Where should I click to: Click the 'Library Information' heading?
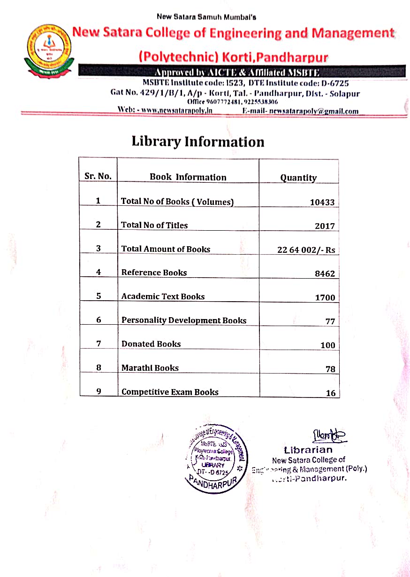pyautogui.click(x=197, y=141)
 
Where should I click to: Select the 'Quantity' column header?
pyautogui.click(x=298, y=178)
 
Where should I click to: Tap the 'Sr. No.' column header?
pyautogui.click(x=98, y=177)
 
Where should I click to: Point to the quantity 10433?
pyautogui.click(x=322, y=203)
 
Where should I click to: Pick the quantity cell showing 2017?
pyautogui.click(x=325, y=226)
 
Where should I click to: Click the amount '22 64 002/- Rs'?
pyautogui.click(x=306, y=250)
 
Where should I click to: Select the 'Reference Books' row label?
pyautogui.click(x=154, y=273)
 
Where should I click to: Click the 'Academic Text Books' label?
pyautogui.click(x=163, y=296)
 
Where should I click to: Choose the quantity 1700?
pyautogui.click(x=325, y=297)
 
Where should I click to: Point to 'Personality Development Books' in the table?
pyautogui.click(x=183, y=320)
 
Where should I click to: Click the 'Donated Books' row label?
pyautogui.click(x=151, y=344)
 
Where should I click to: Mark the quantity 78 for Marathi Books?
pyautogui.click(x=330, y=369)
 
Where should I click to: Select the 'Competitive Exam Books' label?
pyautogui.click(x=170, y=392)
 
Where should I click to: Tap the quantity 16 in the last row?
pyautogui.click(x=331, y=393)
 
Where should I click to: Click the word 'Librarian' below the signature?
pyautogui.click(x=308, y=450)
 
